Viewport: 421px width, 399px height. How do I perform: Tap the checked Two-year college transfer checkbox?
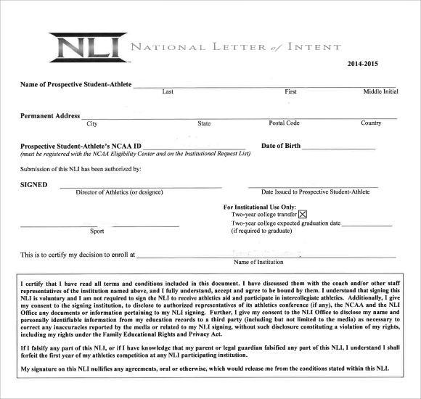tap(303, 214)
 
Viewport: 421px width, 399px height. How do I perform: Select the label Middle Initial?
tap(380, 92)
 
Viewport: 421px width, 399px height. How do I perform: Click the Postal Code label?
tap(284, 123)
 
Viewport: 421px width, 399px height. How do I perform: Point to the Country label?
tap(371, 123)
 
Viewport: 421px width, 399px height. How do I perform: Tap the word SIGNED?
tap(34, 185)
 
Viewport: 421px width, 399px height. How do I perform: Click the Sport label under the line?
tap(97, 231)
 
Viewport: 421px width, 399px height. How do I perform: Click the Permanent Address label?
tap(50, 116)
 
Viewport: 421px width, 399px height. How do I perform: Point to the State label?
tap(204, 123)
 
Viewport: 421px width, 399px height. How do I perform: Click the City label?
tap(92, 123)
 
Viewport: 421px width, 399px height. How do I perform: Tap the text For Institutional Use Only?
tap(260, 207)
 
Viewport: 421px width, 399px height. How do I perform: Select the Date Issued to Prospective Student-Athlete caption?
tap(314, 192)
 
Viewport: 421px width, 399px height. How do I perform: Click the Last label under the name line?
tap(168, 92)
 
